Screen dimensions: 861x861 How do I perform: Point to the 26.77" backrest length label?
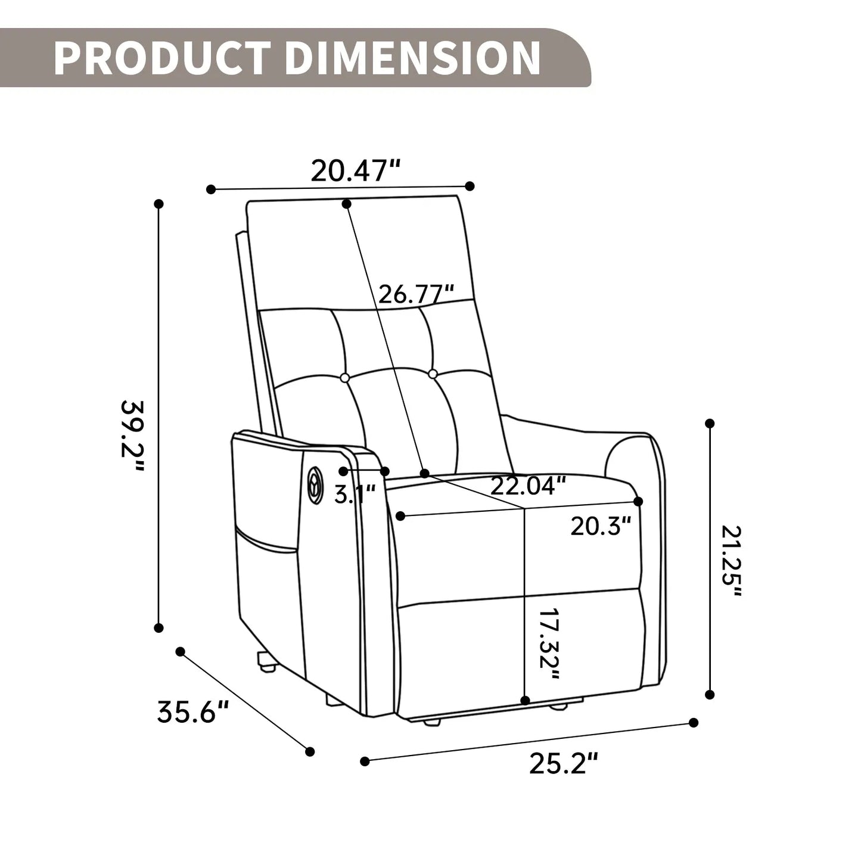pos(416,294)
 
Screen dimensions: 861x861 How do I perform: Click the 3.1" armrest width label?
pos(355,494)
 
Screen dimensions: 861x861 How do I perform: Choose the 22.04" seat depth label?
pos(527,486)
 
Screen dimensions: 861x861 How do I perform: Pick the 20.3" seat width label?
pos(601,526)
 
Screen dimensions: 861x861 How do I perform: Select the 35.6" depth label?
pos(193,712)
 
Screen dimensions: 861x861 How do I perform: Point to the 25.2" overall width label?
pos(563,764)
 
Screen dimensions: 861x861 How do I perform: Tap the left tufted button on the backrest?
pos(344,377)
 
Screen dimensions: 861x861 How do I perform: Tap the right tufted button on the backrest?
pos(433,374)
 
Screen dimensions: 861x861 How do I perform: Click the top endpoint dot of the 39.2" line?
pos(158,204)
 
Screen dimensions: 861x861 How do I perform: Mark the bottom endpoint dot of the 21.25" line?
pos(709,694)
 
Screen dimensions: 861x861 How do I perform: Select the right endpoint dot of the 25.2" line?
pos(694,722)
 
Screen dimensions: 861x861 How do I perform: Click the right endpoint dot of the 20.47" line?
pos(470,186)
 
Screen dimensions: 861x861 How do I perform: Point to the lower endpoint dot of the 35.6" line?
pos(309,751)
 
